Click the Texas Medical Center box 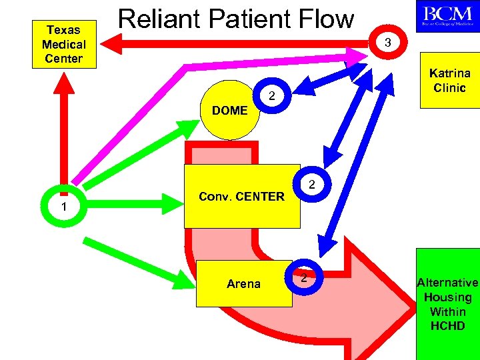[64, 44]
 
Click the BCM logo [447, 16]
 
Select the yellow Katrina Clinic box [449, 81]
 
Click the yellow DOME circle [229, 110]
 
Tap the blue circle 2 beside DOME [271, 98]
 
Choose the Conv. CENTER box [241, 196]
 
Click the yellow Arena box [243, 284]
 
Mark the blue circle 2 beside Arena [304, 277]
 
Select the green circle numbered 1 [63, 207]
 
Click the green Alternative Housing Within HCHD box [448, 304]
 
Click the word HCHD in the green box [448, 326]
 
